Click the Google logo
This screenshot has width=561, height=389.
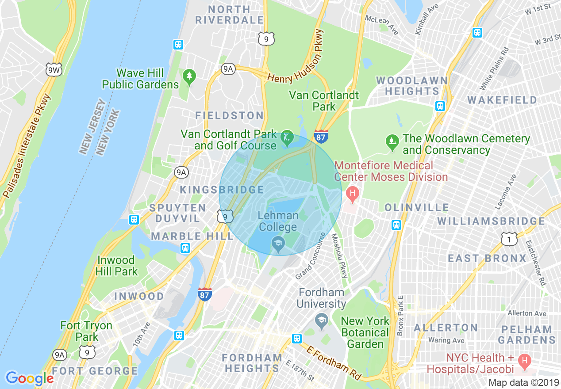pos(30,378)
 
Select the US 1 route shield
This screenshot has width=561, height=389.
pos(509,239)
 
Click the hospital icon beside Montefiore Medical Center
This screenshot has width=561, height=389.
pos(353,193)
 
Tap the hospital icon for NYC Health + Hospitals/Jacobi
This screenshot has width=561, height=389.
pos(524,363)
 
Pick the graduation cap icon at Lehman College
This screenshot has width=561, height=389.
pos(278,242)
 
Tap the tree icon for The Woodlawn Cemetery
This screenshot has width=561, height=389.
pos(392,141)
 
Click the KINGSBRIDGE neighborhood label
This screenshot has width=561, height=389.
pos(222,190)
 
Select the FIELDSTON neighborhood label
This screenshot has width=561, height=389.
pos(230,116)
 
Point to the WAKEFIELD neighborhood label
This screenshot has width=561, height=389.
pos(502,100)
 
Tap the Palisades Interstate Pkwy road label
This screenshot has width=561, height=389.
pos(27,146)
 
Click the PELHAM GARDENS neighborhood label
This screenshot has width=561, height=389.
pos(526,335)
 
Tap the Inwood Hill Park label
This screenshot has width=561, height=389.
pos(117,266)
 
